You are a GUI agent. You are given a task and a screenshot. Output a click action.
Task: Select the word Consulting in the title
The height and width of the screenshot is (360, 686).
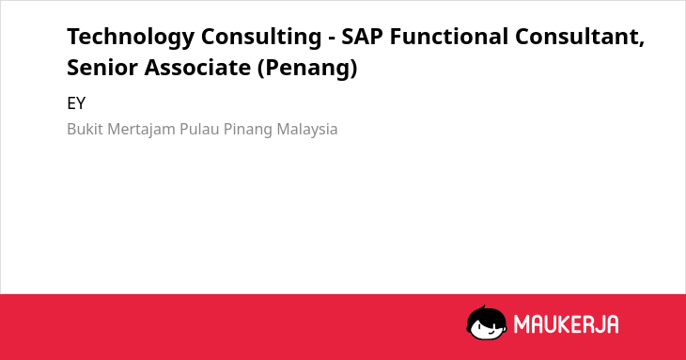[261, 38]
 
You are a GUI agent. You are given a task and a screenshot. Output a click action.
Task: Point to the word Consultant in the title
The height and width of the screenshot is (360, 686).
[577, 37]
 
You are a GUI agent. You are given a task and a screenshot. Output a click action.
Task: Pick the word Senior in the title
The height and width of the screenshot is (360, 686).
[102, 68]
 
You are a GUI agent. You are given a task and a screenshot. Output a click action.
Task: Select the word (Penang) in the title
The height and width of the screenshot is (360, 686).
[307, 69]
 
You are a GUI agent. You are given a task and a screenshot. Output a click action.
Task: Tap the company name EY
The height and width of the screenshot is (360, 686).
[76, 103]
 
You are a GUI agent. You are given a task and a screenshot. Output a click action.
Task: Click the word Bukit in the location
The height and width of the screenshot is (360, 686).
[86, 129]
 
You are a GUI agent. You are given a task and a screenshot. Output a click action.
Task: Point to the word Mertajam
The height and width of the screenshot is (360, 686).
[141, 130]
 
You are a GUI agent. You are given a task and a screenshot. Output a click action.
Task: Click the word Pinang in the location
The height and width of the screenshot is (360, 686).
[248, 130]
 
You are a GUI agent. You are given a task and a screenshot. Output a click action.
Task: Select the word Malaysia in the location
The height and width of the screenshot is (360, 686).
[307, 130]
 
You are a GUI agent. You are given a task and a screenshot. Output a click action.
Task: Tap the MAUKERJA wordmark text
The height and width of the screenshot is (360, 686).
[566, 324]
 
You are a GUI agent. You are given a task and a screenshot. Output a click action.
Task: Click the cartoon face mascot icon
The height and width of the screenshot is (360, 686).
[487, 323]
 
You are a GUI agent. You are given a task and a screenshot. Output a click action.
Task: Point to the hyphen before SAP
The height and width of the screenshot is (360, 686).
[332, 39]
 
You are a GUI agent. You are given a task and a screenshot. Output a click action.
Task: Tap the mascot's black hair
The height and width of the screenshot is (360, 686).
[486, 315]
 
